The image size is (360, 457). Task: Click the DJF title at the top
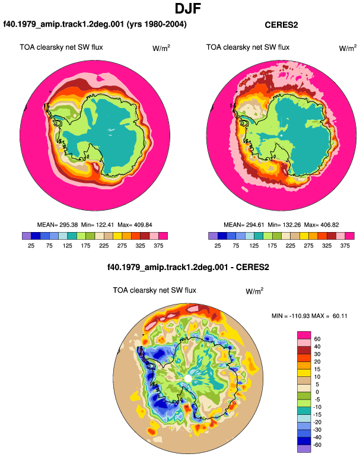pyautogui.click(x=188, y=8)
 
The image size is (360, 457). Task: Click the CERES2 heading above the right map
pyautogui.click(x=281, y=25)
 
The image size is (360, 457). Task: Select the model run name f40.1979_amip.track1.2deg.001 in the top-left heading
pyautogui.click(x=63, y=24)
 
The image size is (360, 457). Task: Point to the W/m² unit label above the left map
pyautogui.click(x=161, y=48)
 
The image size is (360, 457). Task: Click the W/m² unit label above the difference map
pyautogui.click(x=254, y=291)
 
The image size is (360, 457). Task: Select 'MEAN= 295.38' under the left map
pyautogui.click(x=58, y=225)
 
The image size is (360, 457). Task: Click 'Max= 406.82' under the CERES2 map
pyautogui.click(x=321, y=225)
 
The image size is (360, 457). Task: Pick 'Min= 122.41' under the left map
pyautogui.click(x=98, y=225)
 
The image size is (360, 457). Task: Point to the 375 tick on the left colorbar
pyautogui.click(x=158, y=246)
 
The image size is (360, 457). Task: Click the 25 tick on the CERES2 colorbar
pyautogui.click(x=218, y=246)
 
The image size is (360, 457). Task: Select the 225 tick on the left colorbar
pyautogui.click(x=104, y=246)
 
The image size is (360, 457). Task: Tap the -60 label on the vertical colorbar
pyautogui.click(x=317, y=445)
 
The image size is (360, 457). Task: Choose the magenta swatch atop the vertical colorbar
pyautogui.click(x=304, y=335)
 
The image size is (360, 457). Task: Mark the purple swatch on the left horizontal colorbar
pyautogui.click(x=27, y=236)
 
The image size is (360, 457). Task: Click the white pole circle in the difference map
pyautogui.click(x=188, y=379)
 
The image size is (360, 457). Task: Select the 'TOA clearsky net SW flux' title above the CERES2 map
pyautogui.click(x=248, y=47)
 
